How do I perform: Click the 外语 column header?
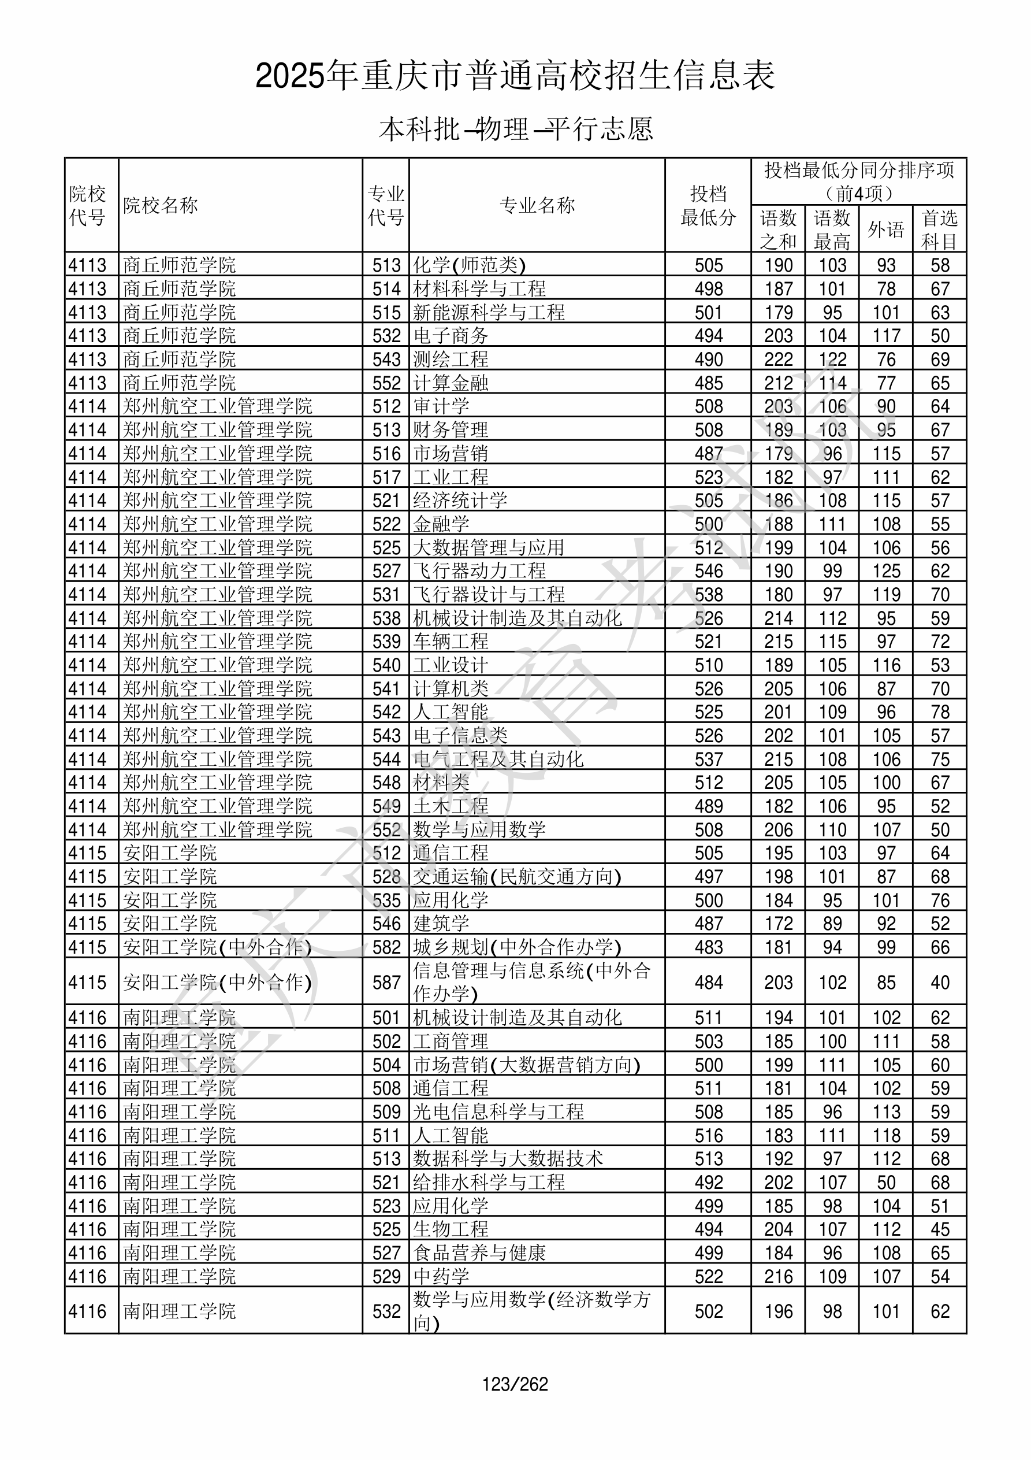coord(885,229)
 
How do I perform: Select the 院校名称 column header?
coord(161,205)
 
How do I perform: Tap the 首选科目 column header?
coord(940,229)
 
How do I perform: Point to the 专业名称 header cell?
coord(537,205)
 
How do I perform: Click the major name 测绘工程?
coord(451,360)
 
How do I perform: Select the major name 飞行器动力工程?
coord(479,570)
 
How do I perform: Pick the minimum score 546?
coord(708,570)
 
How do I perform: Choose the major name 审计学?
coord(441,406)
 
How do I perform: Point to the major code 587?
coord(386,983)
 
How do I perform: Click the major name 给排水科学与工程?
coord(489,1182)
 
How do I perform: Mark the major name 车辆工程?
coord(451,641)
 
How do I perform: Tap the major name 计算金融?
coord(451,383)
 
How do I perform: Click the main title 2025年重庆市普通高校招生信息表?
coord(515,76)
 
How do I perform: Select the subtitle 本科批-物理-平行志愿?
coord(515,129)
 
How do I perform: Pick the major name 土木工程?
coord(451,806)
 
